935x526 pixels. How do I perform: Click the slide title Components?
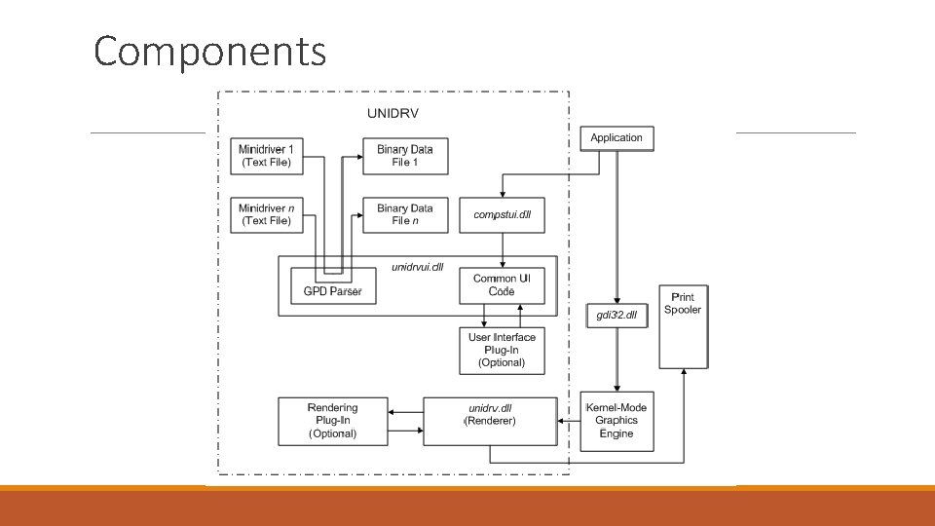[x=209, y=51]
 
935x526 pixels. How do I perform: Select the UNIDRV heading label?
[x=393, y=113]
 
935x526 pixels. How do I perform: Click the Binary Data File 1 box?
[x=405, y=156]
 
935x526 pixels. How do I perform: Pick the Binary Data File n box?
[x=405, y=214]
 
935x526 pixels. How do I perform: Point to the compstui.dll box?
[x=502, y=214]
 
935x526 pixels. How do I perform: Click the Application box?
[x=617, y=138]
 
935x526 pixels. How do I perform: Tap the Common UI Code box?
[x=502, y=284]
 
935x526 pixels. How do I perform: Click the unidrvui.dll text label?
[x=417, y=267]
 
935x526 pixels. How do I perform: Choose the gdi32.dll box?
[x=617, y=315]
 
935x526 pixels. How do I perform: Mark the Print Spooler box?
[x=683, y=326]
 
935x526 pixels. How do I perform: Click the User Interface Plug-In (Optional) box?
[x=502, y=350]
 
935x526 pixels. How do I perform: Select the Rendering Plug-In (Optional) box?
[x=332, y=420]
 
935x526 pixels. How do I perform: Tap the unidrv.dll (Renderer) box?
[x=491, y=420]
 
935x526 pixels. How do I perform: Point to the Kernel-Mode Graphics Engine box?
[x=617, y=420]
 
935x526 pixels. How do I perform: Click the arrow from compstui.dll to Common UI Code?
[x=502, y=249]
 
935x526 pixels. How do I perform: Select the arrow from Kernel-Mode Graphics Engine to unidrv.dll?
[x=569, y=421]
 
